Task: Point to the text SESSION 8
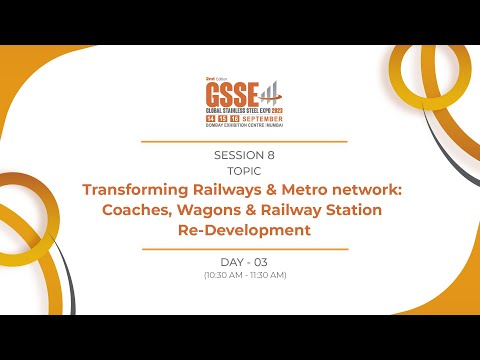[244, 155]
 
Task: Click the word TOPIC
[244, 170]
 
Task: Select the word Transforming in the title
[132, 190]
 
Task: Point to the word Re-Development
[244, 230]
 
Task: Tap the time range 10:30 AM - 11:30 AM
[244, 275]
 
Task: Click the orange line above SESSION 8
[244, 142]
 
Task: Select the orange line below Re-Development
[244, 248]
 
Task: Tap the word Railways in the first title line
[223, 190]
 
